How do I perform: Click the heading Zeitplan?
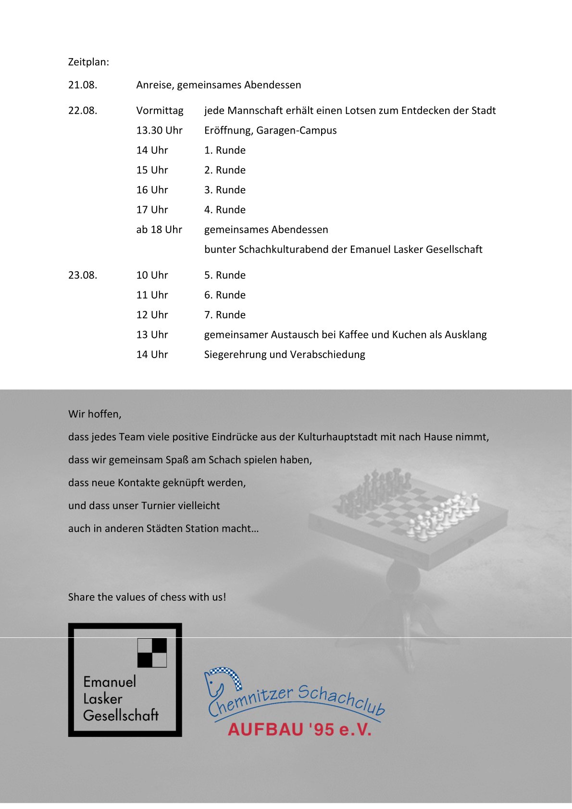[x=88, y=62]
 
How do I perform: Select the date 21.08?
[x=83, y=85]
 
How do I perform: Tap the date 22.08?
[x=83, y=111]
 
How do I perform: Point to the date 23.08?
[x=83, y=275]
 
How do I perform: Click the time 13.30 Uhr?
[x=159, y=131]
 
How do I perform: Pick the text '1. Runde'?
[x=224, y=150]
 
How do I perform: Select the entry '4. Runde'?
[x=224, y=210]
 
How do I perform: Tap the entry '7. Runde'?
[x=224, y=315]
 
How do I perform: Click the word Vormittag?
[x=160, y=111]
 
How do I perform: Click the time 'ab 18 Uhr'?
[x=159, y=230]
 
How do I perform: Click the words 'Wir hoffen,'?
[x=95, y=414]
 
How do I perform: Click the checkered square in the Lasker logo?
[x=152, y=653]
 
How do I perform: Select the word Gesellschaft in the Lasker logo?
[x=121, y=715]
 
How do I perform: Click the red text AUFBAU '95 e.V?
[x=299, y=729]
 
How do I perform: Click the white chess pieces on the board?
[x=442, y=514]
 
